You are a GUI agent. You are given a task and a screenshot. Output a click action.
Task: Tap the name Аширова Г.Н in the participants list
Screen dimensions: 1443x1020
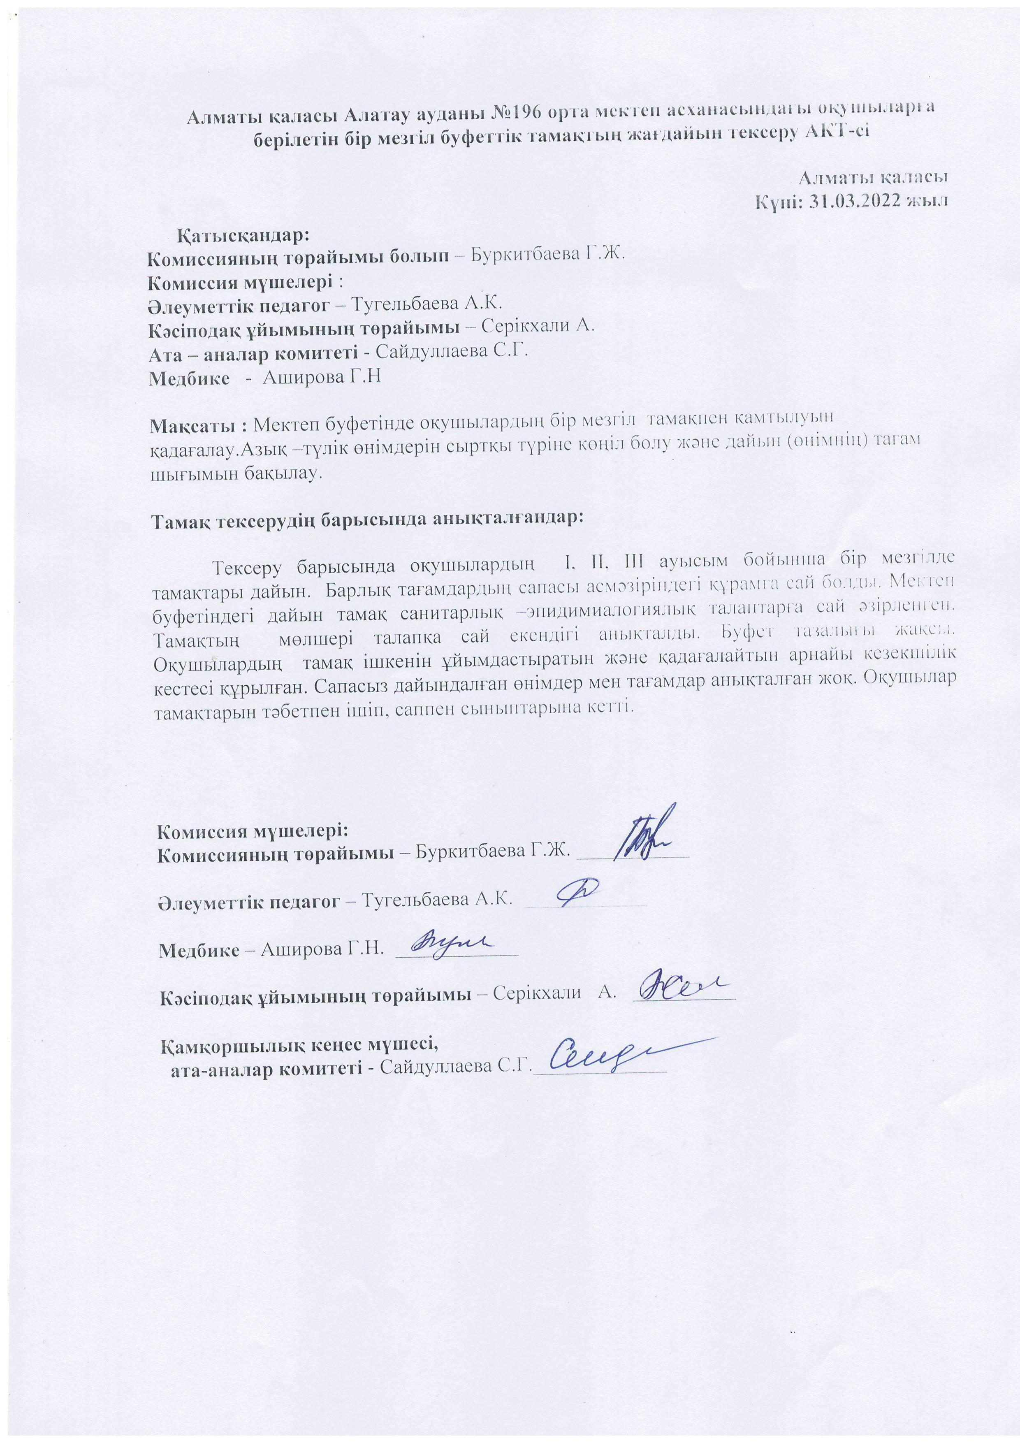(x=322, y=377)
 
